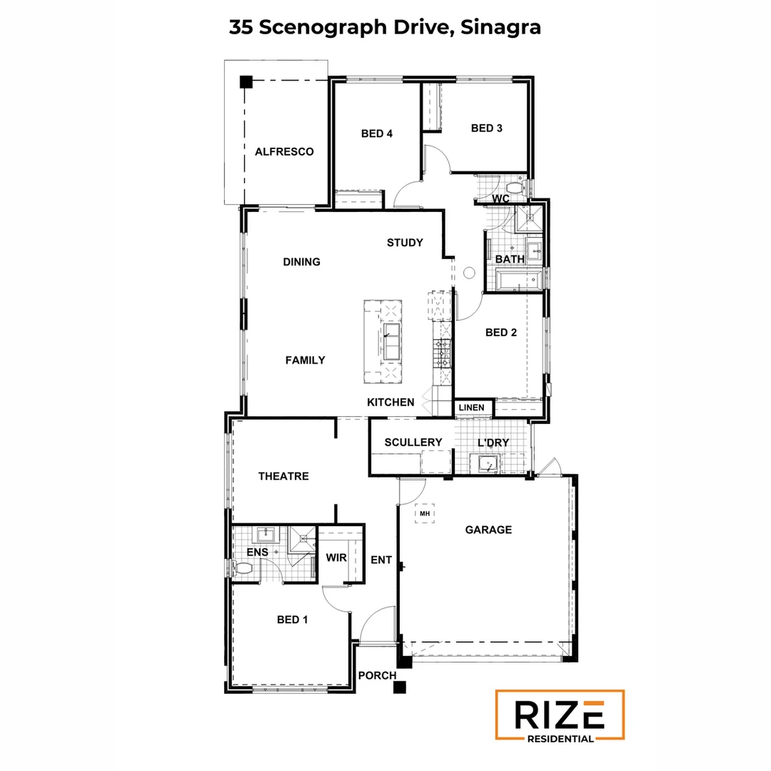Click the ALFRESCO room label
284,152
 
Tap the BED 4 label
376,133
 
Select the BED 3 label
486,128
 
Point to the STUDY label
405,243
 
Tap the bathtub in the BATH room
518,279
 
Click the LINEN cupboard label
471,408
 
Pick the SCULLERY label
413,443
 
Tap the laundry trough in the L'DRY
488,465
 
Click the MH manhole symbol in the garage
425,513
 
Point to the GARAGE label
488,530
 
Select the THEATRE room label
283,476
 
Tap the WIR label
336,558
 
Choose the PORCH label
376,675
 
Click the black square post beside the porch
400,687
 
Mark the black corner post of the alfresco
246,81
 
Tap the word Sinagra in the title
500,28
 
